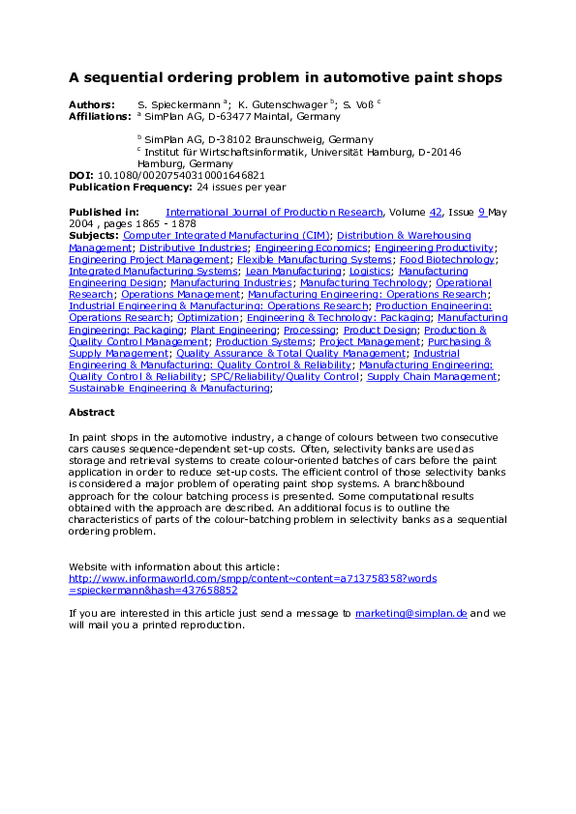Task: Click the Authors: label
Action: [x=91, y=103]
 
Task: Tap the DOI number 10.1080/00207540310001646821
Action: [x=181, y=175]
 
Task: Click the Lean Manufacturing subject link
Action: [x=292, y=272]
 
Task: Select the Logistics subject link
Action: [x=370, y=272]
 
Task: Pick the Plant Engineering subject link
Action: [x=233, y=330]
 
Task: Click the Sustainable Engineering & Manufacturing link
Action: [x=169, y=388]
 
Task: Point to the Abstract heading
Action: [x=91, y=412]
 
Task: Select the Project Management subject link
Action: [x=371, y=341]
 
